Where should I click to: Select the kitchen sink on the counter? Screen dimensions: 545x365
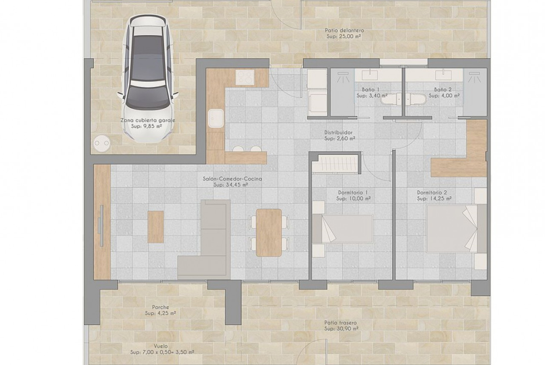216,118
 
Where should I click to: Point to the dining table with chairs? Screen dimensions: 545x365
269,232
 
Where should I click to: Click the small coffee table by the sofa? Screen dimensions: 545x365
156,226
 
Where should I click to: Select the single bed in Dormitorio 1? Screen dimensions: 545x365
343,229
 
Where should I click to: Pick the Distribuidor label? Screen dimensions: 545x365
338,133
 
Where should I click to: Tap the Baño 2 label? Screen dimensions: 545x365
443,90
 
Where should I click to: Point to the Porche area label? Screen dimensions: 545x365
161,307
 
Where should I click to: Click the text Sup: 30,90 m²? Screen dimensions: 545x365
341,329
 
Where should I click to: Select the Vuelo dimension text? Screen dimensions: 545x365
162,352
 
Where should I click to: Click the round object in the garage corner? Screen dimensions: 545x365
102,143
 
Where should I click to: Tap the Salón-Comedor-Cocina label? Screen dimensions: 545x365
232,179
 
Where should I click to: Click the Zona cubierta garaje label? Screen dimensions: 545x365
148,120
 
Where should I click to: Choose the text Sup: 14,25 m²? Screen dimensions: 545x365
434,199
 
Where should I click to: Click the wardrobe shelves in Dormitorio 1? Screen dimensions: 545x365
335,163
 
